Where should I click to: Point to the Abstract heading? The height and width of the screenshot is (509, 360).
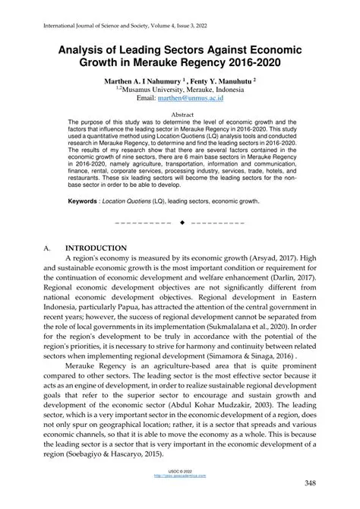[x=180, y=112]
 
